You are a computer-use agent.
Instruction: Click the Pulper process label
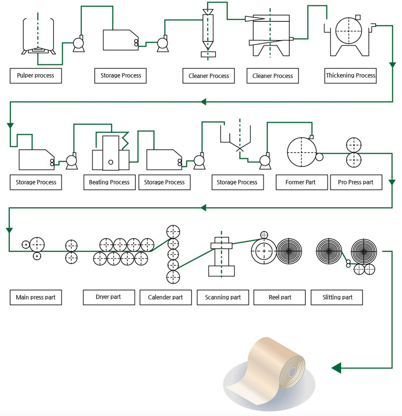coord(36,76)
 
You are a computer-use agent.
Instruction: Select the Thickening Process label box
coord(350,76)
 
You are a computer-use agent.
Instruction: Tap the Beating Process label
coord(109,182)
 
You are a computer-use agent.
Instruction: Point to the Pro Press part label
coord(356,182)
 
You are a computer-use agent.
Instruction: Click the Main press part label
coord(36,297)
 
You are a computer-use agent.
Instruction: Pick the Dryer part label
coord(109,297)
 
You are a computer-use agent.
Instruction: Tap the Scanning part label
coord(223,297)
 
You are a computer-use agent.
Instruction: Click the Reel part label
coord(280,297)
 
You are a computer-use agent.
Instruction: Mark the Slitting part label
coord(337,297)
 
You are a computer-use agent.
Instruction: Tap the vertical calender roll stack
coord(173,254)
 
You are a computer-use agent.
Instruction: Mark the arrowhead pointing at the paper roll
coord(336,367)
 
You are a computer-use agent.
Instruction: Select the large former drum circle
coord(301,152)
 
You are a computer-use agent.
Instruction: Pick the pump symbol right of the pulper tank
coord(78,44)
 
